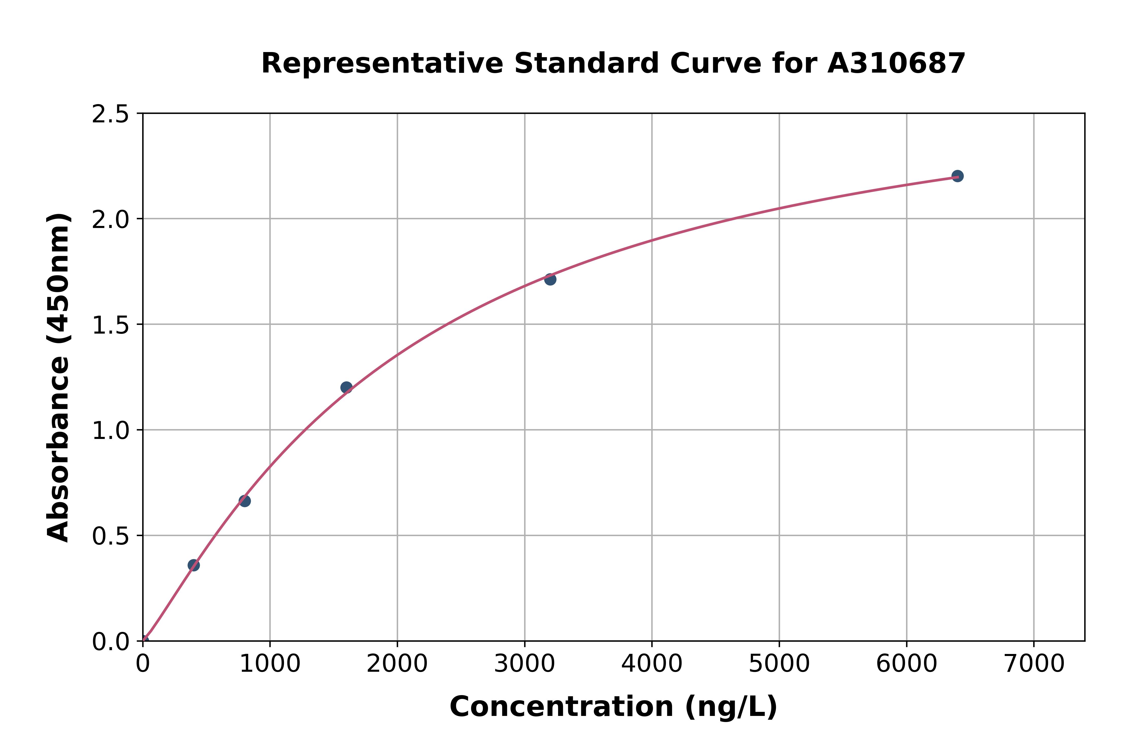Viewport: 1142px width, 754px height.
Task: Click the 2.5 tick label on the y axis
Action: tap(111, 114)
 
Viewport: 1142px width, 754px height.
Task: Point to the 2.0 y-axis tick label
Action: tap(111, 220)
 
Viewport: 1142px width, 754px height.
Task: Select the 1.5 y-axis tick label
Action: tap(111, 325)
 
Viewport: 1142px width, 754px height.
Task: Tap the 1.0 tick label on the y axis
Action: tap(111, 431)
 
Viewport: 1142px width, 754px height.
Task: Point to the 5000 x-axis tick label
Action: tap(779, 664)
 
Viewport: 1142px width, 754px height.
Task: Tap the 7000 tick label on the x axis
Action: tap(1034, 664)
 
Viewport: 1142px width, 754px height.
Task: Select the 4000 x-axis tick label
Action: tap(652, 664)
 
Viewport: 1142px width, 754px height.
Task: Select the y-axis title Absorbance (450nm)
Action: tap(59, 378)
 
